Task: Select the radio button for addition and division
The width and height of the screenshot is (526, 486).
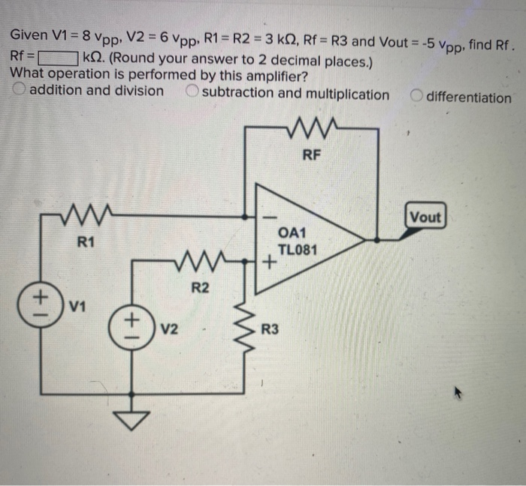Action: pyautogui.click(x=19, y=91)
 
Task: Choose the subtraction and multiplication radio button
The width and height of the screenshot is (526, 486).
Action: pyautogui.click(x=193, y=94)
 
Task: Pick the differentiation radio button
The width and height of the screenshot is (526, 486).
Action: pyautogui.click(x=416, y=97)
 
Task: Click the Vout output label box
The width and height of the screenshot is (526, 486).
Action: pyautogui.click(x=425, y=217)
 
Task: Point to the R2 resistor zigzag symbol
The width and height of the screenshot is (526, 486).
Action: pyautogui.click(x=198, y=261)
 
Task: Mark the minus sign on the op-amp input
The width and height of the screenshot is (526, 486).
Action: pyautogui.click(x=264, y=216)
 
